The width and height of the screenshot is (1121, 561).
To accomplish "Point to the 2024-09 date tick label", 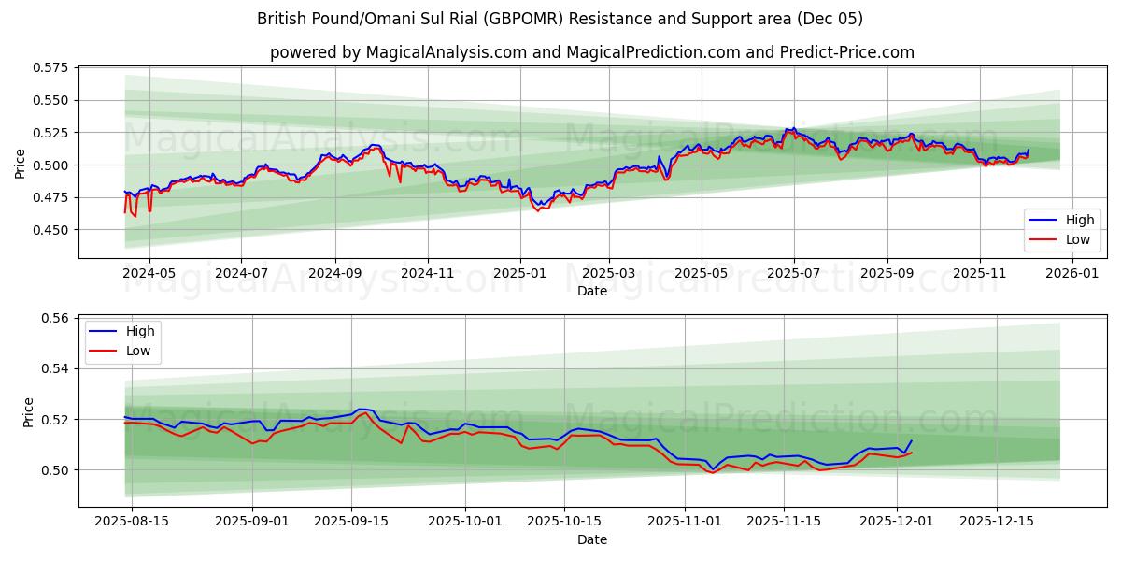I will click(335, 274).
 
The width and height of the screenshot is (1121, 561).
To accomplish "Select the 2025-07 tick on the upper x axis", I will click(793, 274).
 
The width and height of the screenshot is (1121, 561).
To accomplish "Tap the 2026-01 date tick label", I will click(1071, 274).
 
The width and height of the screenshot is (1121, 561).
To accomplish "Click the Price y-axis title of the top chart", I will click(21, 163).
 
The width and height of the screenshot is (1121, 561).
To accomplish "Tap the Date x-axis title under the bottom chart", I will click(592, 539).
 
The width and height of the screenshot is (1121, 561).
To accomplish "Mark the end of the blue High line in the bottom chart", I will click(911, 441).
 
